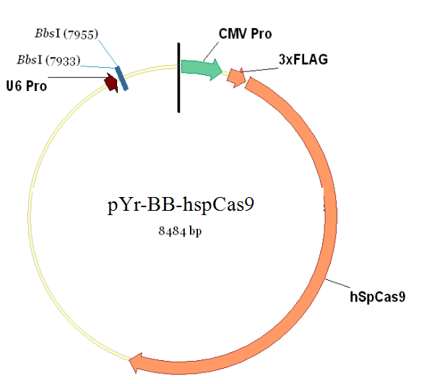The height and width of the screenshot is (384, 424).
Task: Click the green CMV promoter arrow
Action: point(201,69)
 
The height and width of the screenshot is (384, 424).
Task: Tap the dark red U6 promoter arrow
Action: point(111,82)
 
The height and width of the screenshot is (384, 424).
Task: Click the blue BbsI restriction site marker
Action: point(121,79)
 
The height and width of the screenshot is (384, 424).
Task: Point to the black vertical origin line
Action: point(178,77)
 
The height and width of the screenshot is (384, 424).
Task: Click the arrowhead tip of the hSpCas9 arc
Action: point(129,359)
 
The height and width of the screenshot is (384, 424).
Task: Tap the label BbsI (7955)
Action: point(66,34)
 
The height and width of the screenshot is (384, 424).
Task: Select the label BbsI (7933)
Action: point(48,60)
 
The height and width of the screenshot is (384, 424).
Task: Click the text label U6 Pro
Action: point(27,86)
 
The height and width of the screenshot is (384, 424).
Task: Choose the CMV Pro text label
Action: point(246,34)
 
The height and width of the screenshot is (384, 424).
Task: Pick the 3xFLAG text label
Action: point(303,59)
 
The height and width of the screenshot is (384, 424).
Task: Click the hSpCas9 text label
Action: point(378,297)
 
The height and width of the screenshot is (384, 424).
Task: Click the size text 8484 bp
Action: point(180,231)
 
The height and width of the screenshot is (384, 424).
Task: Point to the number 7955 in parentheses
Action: point(81,35)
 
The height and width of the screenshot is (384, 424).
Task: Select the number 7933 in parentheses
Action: point(63,61)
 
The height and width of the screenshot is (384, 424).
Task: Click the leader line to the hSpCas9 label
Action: point(338,283)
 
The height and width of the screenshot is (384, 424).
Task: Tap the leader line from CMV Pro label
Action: point(211,51)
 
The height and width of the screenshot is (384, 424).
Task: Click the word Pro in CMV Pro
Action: point(261,34)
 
